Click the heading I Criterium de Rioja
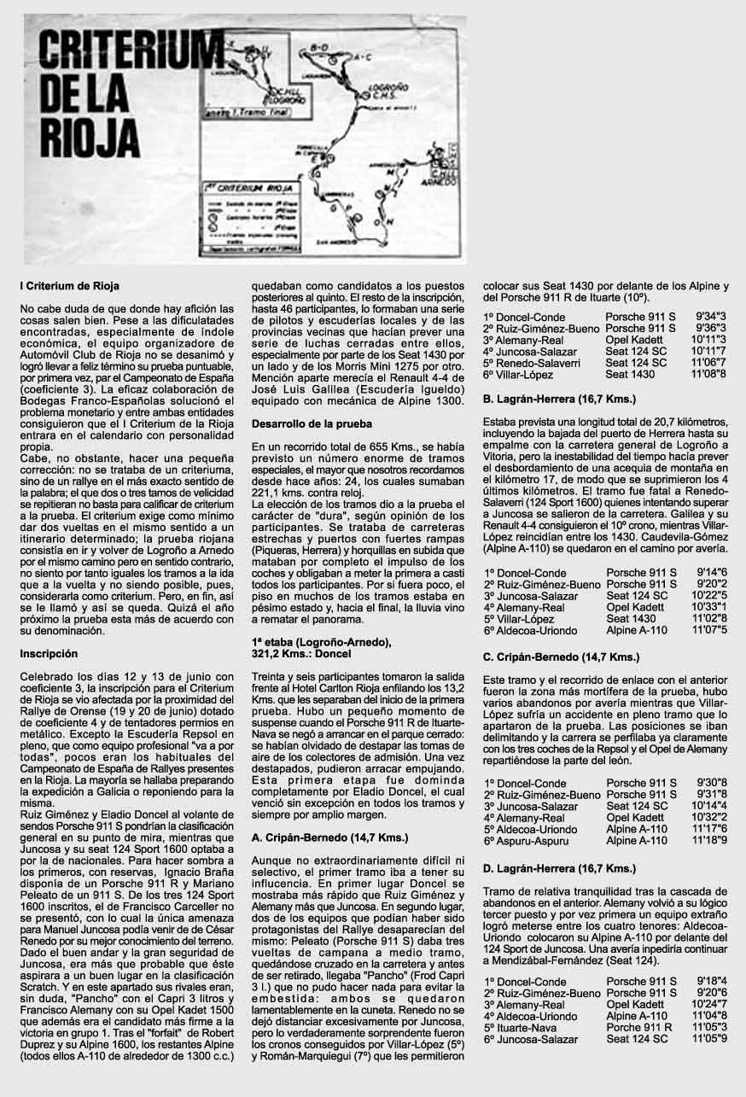[69, 285]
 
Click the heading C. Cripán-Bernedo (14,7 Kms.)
[561, 656]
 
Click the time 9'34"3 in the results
[710, 317]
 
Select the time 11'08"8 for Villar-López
[708, 373]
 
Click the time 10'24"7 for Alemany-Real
[709, 1005]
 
